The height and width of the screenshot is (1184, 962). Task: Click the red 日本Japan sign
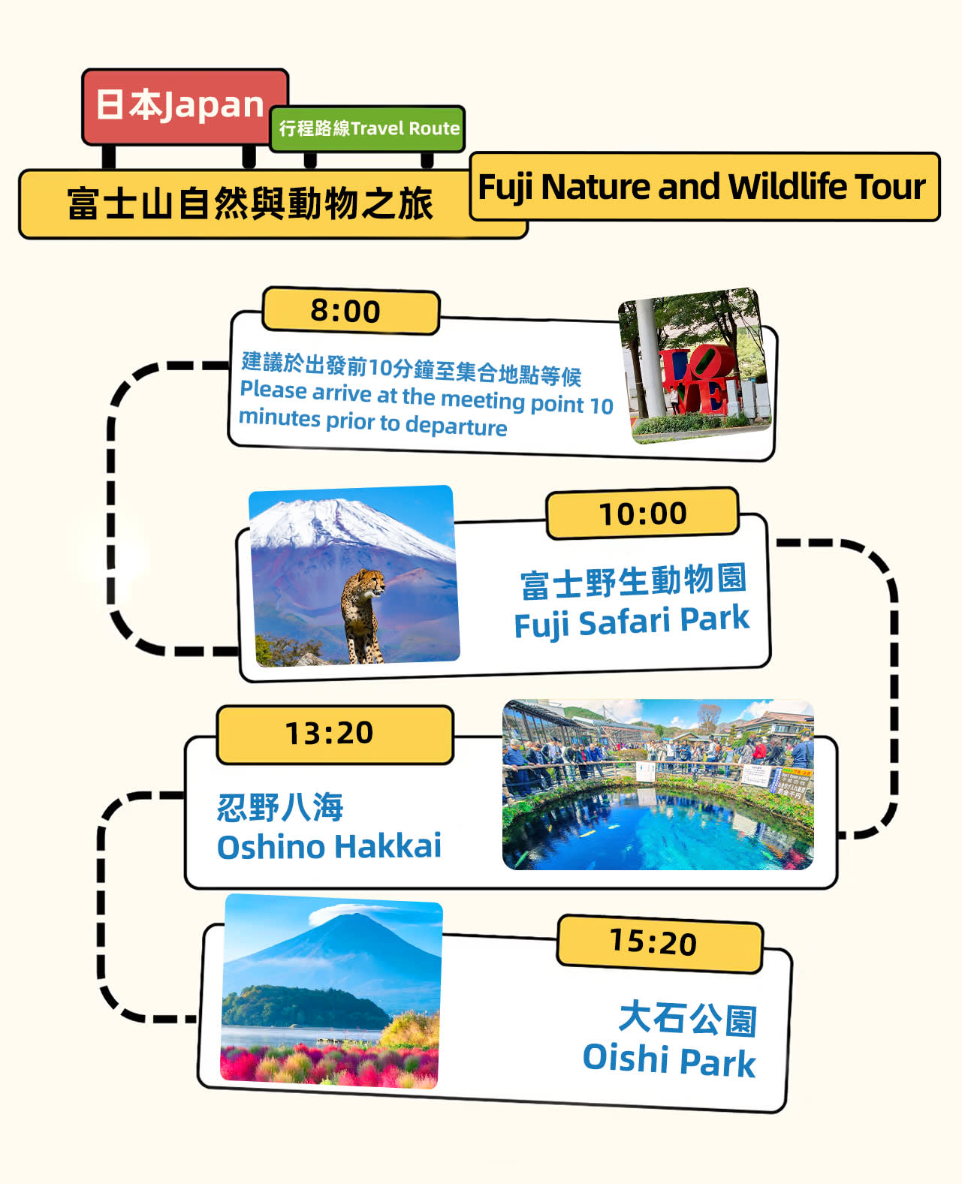185,107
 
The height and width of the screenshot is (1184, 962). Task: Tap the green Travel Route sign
367,128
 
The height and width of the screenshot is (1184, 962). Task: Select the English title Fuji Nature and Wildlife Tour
701,187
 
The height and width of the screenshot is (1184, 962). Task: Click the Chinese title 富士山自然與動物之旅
249,203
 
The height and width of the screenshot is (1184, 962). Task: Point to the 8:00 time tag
351,311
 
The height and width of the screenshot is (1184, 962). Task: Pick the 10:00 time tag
643,514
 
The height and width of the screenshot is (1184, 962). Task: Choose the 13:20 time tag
335,734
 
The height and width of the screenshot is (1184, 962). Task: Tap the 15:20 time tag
659,943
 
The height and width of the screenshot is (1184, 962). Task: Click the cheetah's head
373,582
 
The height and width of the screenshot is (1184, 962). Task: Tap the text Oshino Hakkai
329,847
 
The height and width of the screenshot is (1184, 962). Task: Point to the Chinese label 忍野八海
279,807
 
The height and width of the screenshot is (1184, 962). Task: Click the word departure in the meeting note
456,426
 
